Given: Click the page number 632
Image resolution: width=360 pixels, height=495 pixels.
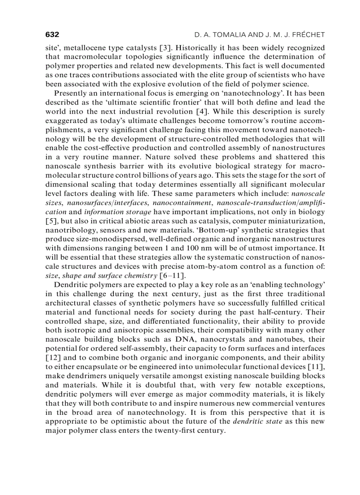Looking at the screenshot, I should pos(52,34).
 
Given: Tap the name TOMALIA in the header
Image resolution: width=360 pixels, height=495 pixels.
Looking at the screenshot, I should pos(225,34).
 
